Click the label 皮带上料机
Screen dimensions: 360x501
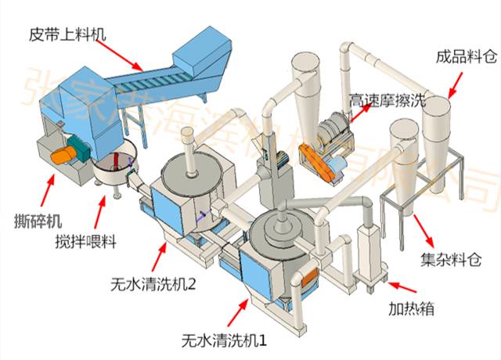coord(66,34)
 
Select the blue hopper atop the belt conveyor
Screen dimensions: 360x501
coord(204,49)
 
